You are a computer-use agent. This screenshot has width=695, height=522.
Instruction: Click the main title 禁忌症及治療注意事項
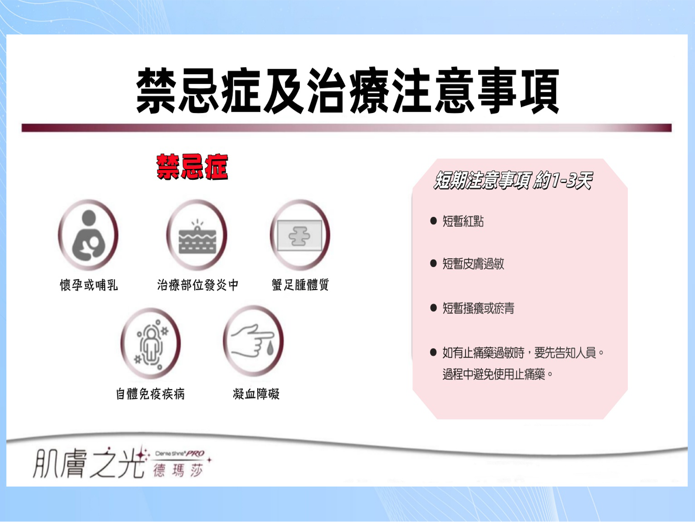click(x=347, y=90)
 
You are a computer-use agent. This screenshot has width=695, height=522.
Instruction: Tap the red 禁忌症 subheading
click(x=192, y=167)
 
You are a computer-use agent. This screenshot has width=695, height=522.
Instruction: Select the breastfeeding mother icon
click(x=88, y=235)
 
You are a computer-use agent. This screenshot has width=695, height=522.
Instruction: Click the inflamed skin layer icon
click(x=197, y=235)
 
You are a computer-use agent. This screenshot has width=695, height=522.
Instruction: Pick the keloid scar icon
click(x=300, y=235)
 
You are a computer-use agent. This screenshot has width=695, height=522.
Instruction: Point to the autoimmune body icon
click(x=151, y=343)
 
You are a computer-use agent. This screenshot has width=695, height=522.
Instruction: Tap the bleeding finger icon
click(x=253, y=341)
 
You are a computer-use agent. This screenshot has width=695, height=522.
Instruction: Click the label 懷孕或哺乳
click(x=89, y=285)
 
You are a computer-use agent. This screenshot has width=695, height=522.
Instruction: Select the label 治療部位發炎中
click(x=198, y=285)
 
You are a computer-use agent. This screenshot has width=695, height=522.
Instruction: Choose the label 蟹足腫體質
click(x=300, y=284)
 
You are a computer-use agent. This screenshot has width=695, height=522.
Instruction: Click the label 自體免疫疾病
click(x=151, y=394)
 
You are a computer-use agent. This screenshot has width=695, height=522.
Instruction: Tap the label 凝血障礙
click(x=256, y=394)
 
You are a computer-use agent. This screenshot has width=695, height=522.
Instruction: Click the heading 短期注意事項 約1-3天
click(x=513, y=181)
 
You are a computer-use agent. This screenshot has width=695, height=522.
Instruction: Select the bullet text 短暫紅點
click(x=463, y=221)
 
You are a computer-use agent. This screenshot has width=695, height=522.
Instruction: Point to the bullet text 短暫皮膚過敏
click(x=473, y=264)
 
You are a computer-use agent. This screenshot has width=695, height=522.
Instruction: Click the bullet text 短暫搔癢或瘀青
click(x=478, y=308)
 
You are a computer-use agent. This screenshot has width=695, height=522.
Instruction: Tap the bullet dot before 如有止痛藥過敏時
click(x=434, y=352)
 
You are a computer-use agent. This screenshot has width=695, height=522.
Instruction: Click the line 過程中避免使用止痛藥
click(x=498, y=375)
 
